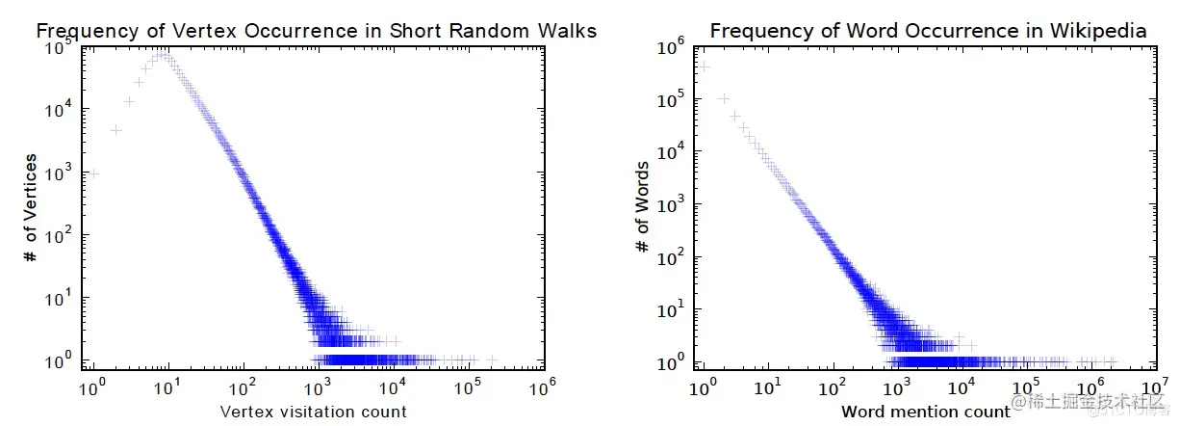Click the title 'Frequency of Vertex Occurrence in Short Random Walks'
tap(316, 31)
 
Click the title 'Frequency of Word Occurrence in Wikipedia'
tap(928, 31)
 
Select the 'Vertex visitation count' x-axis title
tap(314, 412)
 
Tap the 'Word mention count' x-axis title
tap(926, 412)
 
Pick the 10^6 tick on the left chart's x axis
tap(544, 387)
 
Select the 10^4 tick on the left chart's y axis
tap(60, 110)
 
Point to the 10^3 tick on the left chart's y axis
tap(60, 173)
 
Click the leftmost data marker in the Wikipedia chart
tap(704, 67)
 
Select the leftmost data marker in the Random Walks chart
tap(94, 173)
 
